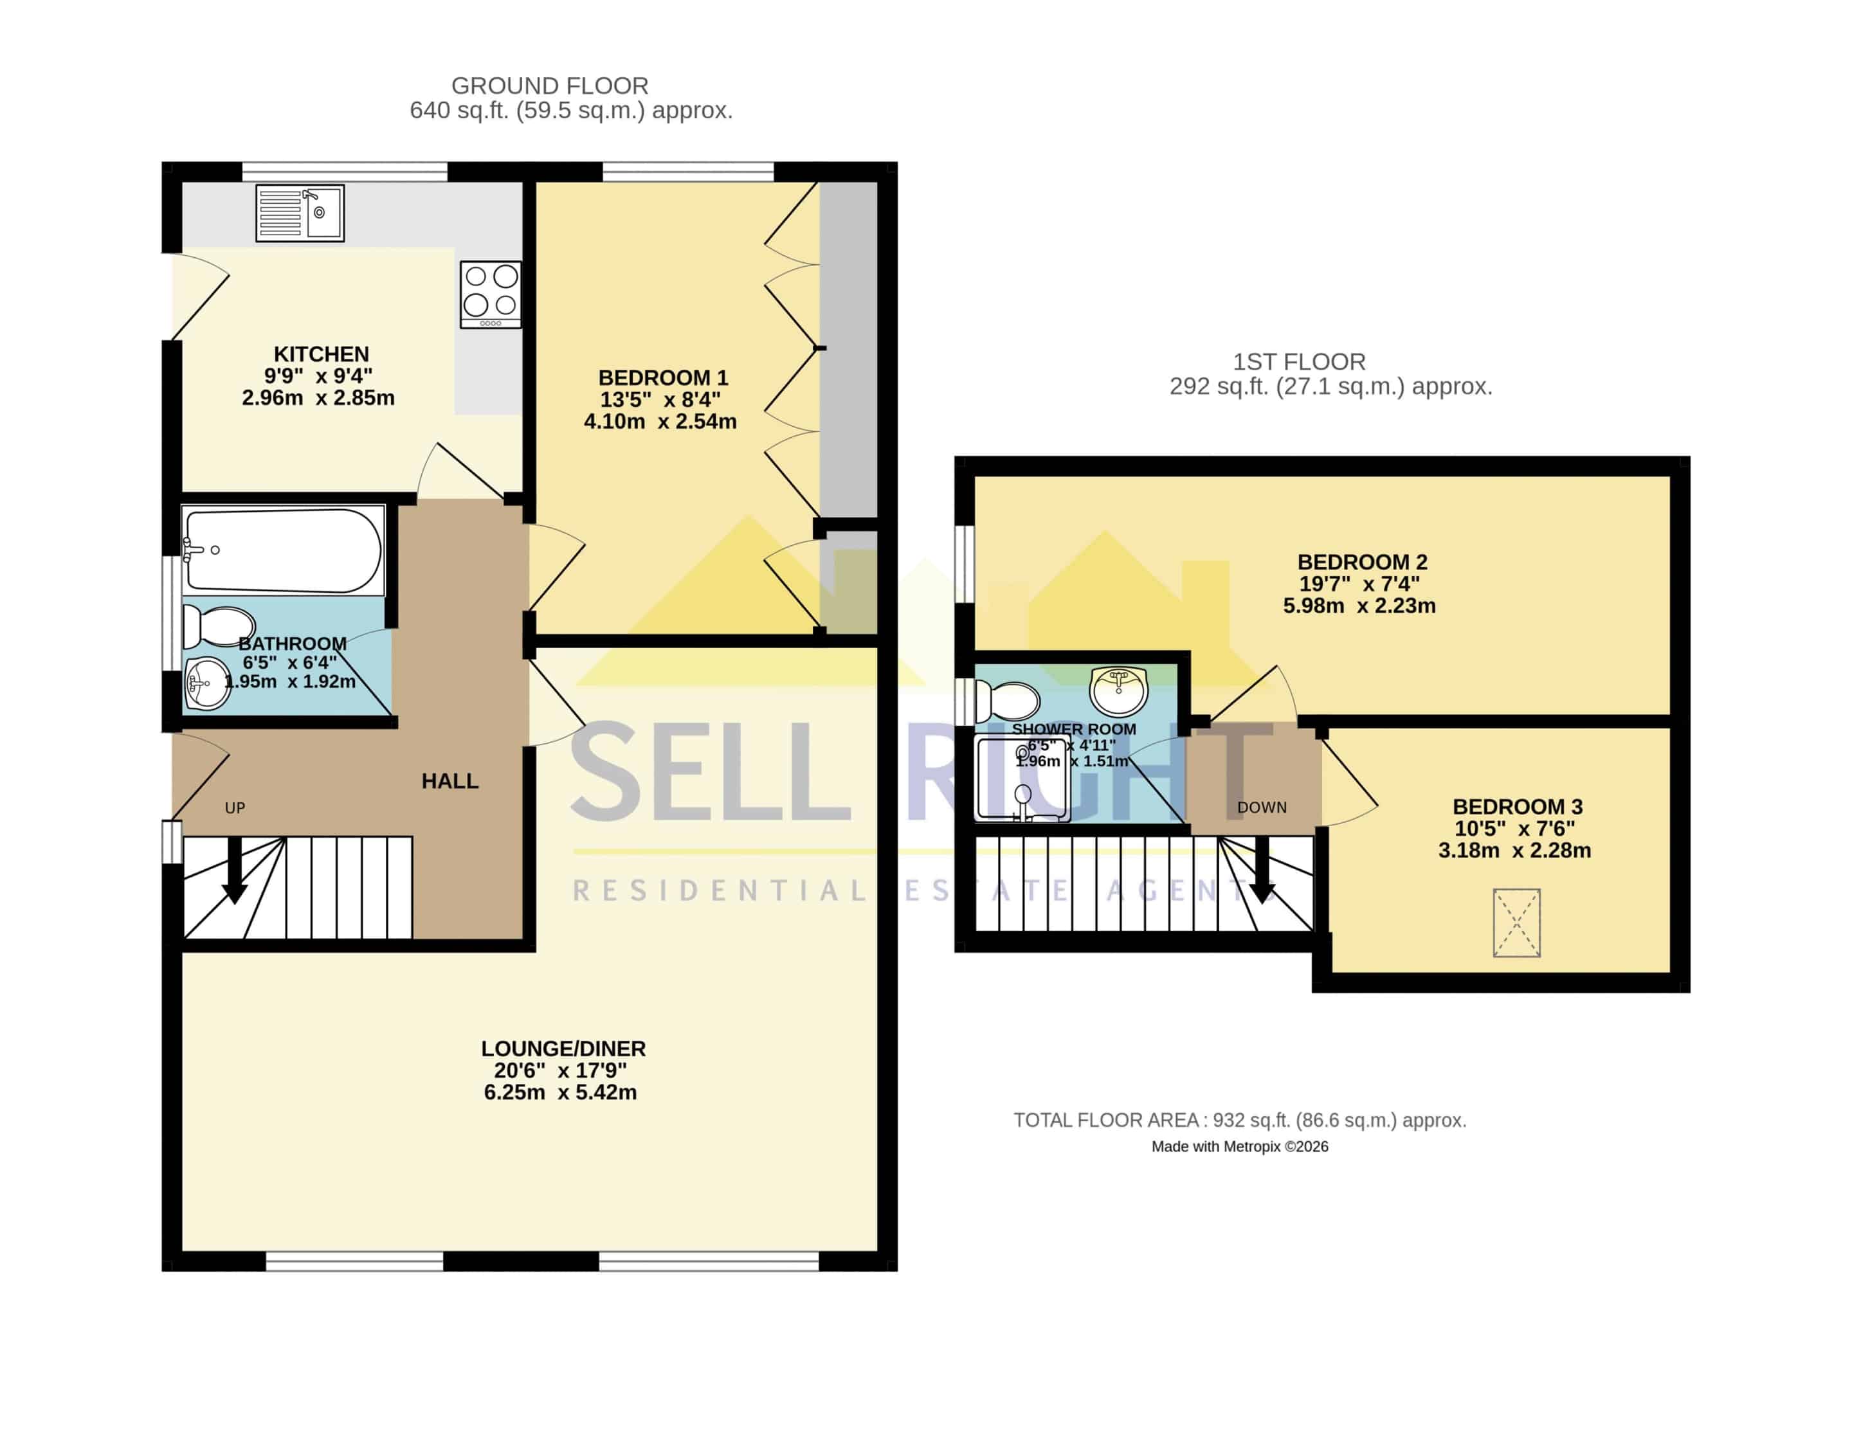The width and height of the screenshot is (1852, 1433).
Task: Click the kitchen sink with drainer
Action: click(x=300, y=213)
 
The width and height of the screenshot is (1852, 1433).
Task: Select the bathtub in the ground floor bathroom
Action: click(x=283, y=550)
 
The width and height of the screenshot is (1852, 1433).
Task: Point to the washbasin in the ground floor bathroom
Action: click(x=207, y=683)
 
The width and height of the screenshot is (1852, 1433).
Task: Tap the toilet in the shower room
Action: click(x=1008, y=702)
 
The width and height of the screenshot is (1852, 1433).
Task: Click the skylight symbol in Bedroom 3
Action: click(x=1516, y=923)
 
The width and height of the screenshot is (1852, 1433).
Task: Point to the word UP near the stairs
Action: click(x=235, y=808)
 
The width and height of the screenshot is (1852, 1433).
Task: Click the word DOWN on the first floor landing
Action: click(x=1262, y=808)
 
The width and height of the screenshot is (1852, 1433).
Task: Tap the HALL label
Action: click(x=450, y=781)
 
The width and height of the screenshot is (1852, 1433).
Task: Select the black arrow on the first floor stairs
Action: click(x=1263, y=871)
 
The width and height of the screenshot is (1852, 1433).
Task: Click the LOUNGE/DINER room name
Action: click(x=563, y=1049)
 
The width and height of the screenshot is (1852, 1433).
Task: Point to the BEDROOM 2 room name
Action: click(x=1362, y=562)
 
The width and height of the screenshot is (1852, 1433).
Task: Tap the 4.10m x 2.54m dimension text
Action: click(x=660, y=422)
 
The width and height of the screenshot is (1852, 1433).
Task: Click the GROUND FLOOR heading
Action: click(x=550, y=86)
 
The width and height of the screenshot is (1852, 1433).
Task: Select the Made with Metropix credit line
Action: click(x=1240, y=1146)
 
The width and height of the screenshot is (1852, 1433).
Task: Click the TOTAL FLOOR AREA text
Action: click(x=1240, y=1120)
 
